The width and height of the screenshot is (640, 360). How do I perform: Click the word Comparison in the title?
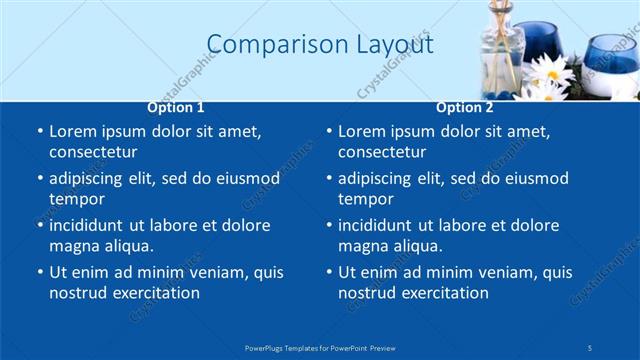pos(265,44)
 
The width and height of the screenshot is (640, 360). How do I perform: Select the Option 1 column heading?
pos(176,107)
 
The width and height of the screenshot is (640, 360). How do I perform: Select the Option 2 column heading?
pos(465,107)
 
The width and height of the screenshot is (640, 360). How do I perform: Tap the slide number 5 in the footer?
pos(590,347)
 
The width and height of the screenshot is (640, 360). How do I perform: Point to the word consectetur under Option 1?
pos(93,152)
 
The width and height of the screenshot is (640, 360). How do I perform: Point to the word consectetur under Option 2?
pos(382,152)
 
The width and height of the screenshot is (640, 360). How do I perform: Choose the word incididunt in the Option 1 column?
pos(89,225)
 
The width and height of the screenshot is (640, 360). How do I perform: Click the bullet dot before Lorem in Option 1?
pos(39,132)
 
